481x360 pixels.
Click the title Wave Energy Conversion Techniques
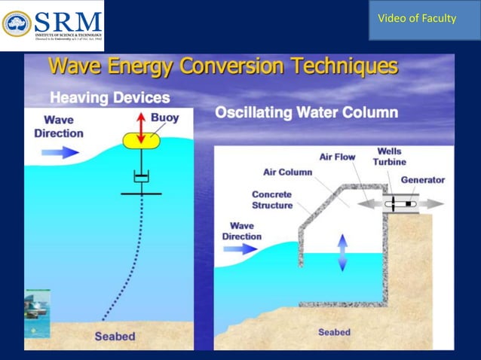click(x=223, y=67)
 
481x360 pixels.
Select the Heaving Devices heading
click(x=110, y=98)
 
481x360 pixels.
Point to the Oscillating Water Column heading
click(x=307, y=114)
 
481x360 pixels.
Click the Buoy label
click(x=165, y=117)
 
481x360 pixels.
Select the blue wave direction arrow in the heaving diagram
click(x=60, y=152)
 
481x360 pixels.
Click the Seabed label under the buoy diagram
click(x=115, y=336)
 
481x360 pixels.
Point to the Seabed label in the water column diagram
click(x=333, y=332)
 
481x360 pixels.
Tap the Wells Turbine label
click(x=390, y=156)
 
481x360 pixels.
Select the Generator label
click(x=422, y=180)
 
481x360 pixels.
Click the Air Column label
click(x=287, y=172)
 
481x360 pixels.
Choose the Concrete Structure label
click(x=272, y=200)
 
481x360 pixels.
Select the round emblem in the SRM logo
click(x=17, y=23)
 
